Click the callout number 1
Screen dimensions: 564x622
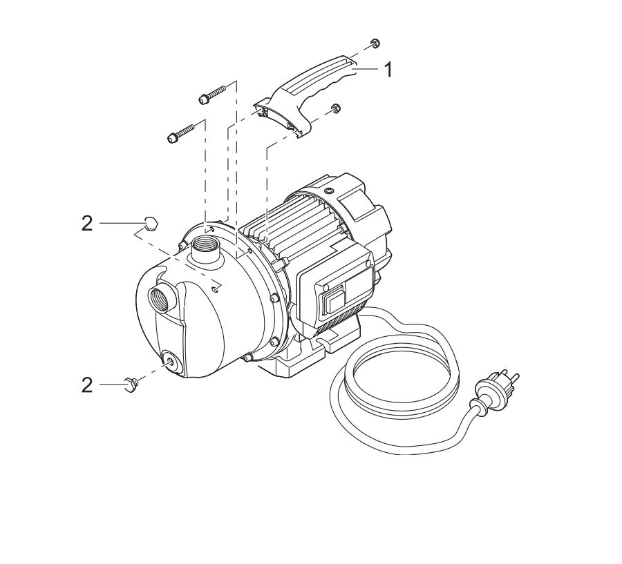click(x=388, y=70)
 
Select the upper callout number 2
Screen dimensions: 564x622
click(x=87, y=224)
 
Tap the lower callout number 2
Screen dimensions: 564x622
click(x=87, y=385)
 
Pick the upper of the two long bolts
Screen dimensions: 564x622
click(x=212, y=94)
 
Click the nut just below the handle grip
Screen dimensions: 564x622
click(x=335, y=108)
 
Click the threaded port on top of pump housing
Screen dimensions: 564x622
click(x=207, y=245)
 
